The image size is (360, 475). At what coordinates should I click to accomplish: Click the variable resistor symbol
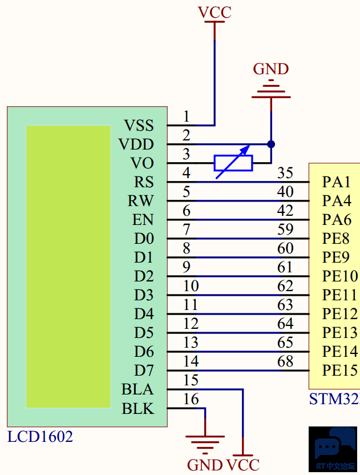click(233, 163)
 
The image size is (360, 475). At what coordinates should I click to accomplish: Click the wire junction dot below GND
click(271, 144)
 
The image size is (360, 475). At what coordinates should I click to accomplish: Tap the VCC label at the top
click(215, 13)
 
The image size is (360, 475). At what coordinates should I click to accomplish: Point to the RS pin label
click(144, 182)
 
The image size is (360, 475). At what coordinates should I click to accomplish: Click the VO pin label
click(142, 163)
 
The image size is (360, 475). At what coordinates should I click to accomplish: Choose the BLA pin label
click(137, 389)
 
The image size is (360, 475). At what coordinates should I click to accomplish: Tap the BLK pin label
click(138, 409)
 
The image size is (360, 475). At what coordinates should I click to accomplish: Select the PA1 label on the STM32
click(336, 182)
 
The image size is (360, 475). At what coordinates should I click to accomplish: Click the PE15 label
click(339, 371)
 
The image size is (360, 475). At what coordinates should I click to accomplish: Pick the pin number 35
click(285, 173)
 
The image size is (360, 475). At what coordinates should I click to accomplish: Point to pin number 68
click(285, 361)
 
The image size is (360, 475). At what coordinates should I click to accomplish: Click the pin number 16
click(191, 399)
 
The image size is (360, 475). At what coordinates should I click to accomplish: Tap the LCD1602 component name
click(40, 437)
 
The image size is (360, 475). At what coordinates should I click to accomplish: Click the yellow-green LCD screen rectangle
click(68, 267)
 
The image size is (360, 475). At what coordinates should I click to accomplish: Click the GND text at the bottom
click(205, 465)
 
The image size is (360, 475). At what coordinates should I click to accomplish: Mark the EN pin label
click(143, 220)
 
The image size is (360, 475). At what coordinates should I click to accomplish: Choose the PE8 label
click(336, 239)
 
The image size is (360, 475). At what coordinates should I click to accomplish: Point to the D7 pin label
click(144, 371)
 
